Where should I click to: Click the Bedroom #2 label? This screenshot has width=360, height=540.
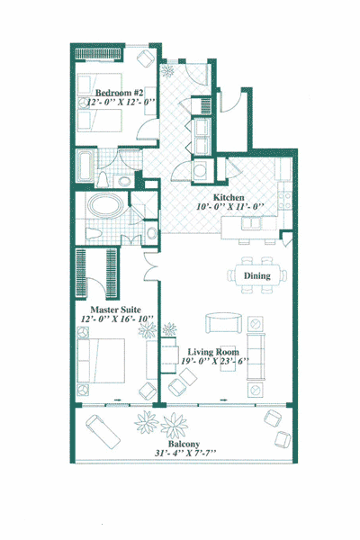[119, 93]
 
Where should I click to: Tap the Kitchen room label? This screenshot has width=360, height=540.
[229, 197]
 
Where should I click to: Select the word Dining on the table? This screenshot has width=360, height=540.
[257, 276]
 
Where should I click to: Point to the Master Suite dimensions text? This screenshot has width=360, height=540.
[117, 319]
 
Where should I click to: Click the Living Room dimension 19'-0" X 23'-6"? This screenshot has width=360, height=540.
[215, 361]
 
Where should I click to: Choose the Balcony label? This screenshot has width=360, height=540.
[184, 444]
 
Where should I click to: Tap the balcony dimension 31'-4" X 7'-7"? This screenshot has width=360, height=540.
[185, 453]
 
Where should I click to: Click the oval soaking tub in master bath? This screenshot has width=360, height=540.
[105, 205]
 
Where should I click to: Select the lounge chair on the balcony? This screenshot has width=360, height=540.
[103, 432]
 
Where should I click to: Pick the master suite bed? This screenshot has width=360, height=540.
[101, 361]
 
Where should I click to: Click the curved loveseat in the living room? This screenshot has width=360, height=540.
[223, 323]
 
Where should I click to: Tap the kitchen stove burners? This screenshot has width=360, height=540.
[285, 201]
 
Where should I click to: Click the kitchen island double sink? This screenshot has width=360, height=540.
[251, 223]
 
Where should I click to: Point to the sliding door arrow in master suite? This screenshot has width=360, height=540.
[117, 400]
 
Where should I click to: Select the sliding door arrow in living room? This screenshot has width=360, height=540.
[224, 400]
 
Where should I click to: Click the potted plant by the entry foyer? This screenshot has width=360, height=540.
[168, 71]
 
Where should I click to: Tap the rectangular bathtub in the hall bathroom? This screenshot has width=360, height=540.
[85, 166]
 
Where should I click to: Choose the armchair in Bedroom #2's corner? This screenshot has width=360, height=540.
[146, 58]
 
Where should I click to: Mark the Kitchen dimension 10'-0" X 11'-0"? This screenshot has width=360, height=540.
[230, 207]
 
